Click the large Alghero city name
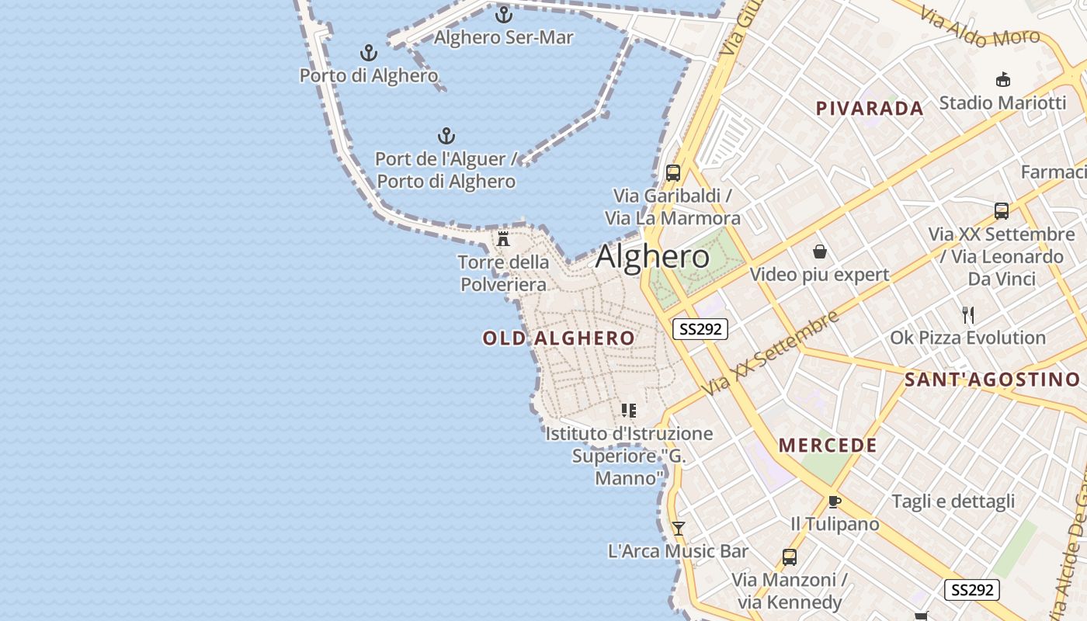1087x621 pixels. [x=652, y=257]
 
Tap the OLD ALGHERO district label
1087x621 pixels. [x=558, y=338]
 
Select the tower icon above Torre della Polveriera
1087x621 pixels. [x=503, y=238]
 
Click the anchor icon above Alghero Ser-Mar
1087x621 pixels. [x=504, y=14]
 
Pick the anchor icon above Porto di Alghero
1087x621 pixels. [x=369, y=53]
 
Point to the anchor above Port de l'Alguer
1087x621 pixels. [x=446, y=136]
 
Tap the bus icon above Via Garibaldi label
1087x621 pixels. [x=673, y=172]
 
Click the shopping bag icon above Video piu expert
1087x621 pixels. [x=819, y=252]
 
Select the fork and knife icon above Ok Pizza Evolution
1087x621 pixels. [x=967, y=314]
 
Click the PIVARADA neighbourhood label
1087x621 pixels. [x=870, y=109]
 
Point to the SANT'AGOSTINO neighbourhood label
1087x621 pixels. [x=992, y=380]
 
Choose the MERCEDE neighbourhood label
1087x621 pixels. [x=828, y=446]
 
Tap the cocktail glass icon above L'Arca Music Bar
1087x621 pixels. [x=679, y=529]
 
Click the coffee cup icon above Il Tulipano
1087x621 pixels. [x=835, y=501]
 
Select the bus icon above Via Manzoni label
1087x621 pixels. [x=789, y=557]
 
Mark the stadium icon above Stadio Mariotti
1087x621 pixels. [x=1002, y=79]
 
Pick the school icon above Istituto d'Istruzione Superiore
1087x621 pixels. [x=628, y=410]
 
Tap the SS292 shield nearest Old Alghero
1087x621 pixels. [x=700, y=329]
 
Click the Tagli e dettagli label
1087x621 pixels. [x=953, y=501]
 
